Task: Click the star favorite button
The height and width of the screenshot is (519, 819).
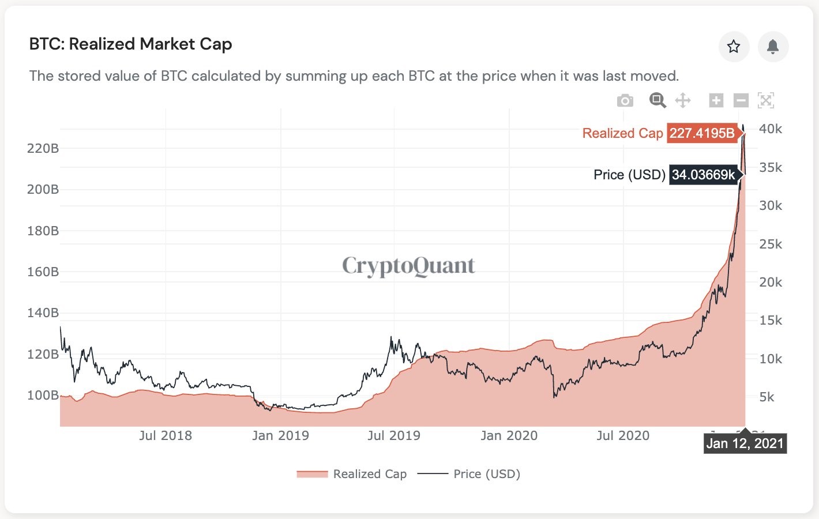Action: point(734,47)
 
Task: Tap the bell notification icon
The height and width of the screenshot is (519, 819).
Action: point(773,47)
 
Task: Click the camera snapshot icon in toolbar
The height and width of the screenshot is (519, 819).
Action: point(625,101)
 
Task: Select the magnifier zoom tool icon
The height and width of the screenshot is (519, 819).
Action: point(658,100)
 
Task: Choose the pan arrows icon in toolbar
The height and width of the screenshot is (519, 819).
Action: point(683,100)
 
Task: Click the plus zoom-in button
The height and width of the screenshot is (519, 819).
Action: point(716,100)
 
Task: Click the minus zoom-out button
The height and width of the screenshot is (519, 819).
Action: point(741,100)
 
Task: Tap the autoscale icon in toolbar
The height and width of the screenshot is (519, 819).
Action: point(765,100)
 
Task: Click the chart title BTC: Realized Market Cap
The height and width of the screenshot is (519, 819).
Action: point(130,44)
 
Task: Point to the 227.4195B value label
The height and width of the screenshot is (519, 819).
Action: point(702,133)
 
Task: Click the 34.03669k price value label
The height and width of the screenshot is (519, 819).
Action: point(703,175)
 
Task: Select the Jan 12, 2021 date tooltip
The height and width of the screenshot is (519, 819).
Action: point(745,443)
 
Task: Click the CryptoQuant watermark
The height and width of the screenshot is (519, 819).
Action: point(408,266)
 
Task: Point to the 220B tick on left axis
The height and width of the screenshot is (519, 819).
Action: point(43,148)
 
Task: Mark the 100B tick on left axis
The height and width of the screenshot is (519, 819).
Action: point(43,395)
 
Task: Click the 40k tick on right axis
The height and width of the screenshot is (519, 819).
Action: point(771,129)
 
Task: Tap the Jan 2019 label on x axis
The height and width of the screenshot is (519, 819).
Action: point(280,435)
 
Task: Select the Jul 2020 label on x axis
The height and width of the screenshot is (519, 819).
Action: point(623,435)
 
